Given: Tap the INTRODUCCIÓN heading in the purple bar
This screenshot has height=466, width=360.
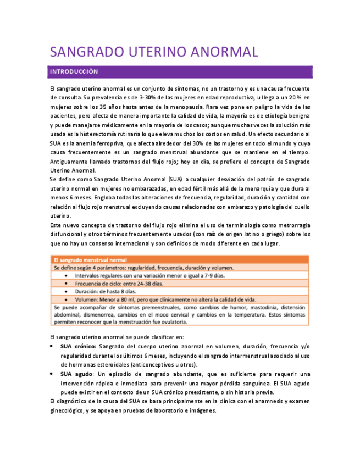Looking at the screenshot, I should pyautogui.click(x=74, y=72).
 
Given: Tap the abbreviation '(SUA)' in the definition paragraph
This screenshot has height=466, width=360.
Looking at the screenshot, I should pyautogui.click(x=175, y=179).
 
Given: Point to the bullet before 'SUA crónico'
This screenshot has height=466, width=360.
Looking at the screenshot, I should pyautogui.click(x=52, y=347).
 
